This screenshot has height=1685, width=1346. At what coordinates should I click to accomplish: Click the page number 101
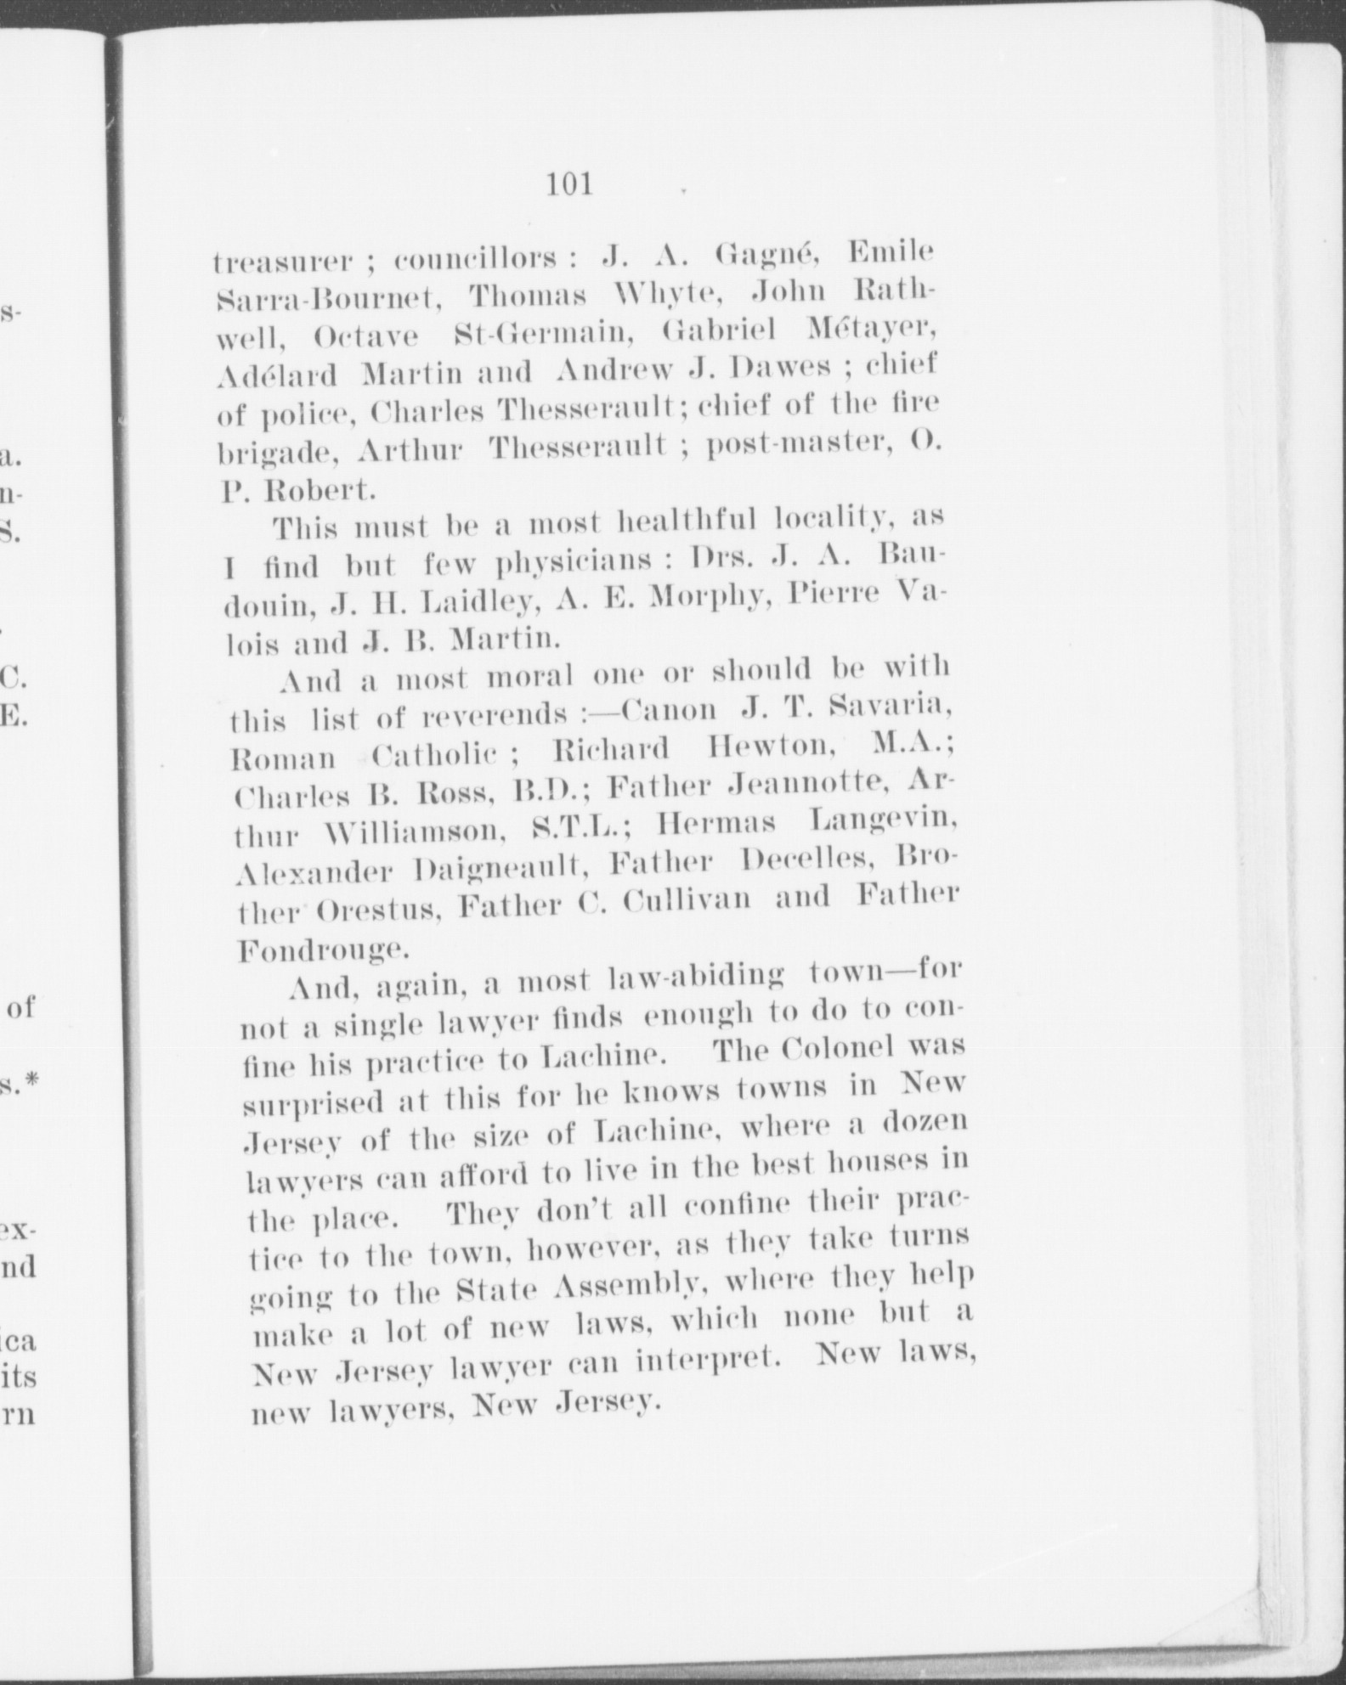[x=569, y=183]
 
